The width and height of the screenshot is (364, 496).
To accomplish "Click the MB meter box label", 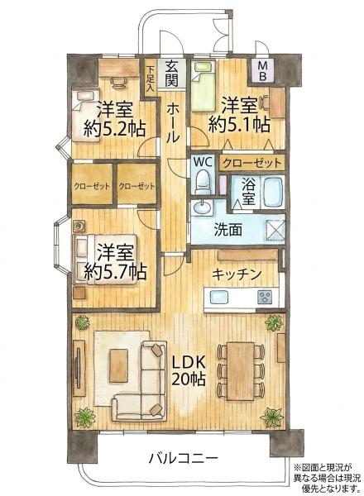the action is point(262,71).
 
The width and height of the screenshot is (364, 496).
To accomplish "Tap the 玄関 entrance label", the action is point(171,73).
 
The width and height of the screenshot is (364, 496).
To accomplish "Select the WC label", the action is point(202,162).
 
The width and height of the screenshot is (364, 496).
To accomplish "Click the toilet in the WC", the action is point(202,183).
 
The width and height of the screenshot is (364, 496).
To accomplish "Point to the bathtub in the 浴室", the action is point(272,192).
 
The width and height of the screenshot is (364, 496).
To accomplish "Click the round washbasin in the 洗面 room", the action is point(202,208).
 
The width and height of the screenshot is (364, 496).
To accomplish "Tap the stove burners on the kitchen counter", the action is point(265,297).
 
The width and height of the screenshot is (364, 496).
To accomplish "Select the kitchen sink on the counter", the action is point(219,297).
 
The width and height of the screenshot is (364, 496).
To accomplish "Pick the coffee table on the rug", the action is point(118,365).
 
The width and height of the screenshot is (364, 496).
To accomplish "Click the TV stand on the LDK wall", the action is point(79,368).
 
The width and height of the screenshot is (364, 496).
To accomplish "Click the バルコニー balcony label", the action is point(184,458).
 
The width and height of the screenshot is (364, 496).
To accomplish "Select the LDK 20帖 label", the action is point(189,370).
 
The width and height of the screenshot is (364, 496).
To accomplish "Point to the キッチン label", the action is point(237,274).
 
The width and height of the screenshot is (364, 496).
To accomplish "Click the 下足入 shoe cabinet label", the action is point(150,79).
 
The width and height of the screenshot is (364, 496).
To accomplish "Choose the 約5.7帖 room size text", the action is point(115,272).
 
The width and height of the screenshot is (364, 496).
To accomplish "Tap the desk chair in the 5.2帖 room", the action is point(117,83).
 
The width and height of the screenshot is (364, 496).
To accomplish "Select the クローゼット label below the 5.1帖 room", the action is point(252,163).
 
